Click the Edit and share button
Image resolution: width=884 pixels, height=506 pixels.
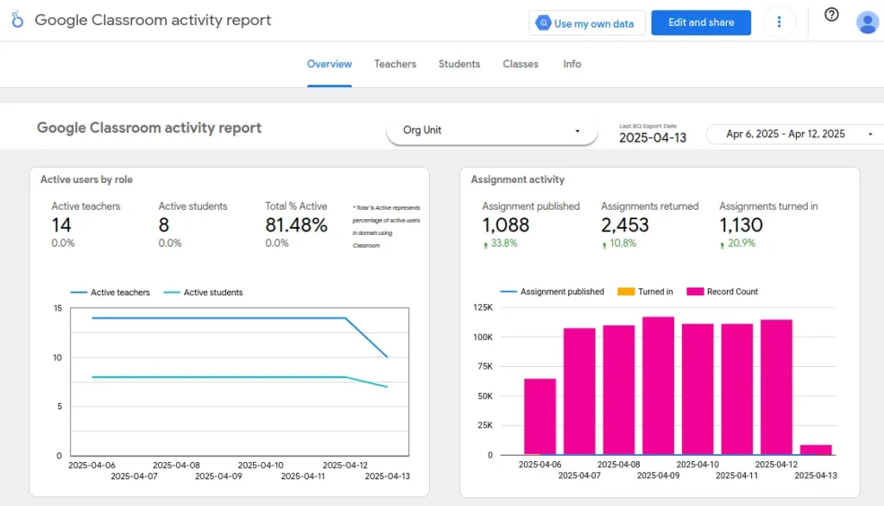pyautogui.click(x=700, y=22)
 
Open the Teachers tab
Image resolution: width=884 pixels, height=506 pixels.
pyautogui.click(x=395, y=64)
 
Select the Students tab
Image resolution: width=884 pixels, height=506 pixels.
pyautogui.click(x=459, y=64)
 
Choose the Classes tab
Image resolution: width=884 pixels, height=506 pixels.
pyautogui.click(x=521, y=64)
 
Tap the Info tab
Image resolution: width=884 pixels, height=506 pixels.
pyautogui.click(x=572, y=64)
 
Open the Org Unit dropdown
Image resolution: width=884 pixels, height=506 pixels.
pyautogui.click(x=492, y=130)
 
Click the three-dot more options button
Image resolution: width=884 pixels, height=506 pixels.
pyautogui.click(x=780, y=22)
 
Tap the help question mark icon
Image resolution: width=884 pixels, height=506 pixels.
pyautogui.click(x=831, y=15)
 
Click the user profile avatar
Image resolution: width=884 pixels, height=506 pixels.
pyautogui.click(x=867, y=22)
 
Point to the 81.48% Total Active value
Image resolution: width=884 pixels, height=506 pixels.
pyautogui.click(x=296, y=225)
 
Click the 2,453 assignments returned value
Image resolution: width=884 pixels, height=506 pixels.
pyautogui.click(x=625, y=225)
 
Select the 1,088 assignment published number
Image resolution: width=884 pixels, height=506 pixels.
pyautogui.click(x=506, y=225)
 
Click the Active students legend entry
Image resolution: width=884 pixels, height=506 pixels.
pyautogui.click(x=212, y=293)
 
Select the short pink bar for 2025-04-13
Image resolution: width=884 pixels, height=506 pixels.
pyautogui.click(x=816, y=449)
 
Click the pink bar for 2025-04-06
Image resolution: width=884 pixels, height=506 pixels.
pyautogui.click(x=540, y=416)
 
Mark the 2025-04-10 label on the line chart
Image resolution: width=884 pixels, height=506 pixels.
pyautogui.click(x=260, y=465)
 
